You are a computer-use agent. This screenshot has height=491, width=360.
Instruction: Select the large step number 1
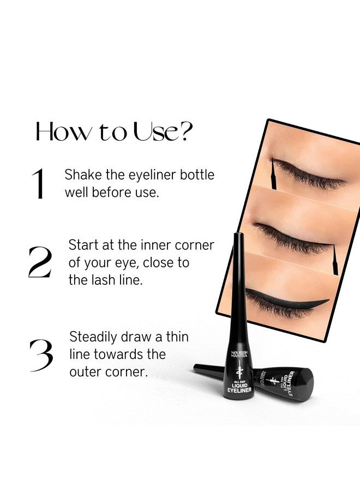coord(39,184)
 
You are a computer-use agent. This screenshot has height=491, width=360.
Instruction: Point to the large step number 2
coord(40,262)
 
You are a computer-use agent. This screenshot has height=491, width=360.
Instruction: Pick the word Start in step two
coord(83,244)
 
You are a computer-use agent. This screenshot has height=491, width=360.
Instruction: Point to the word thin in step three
coord(176,337)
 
